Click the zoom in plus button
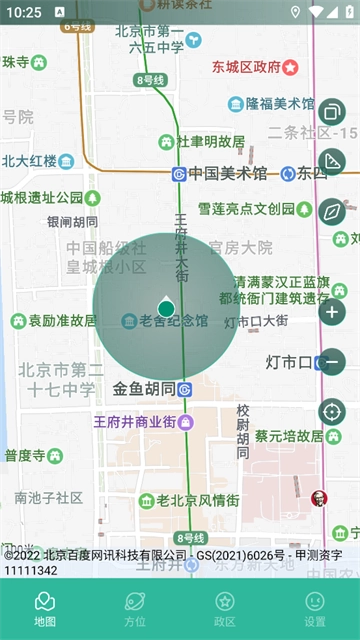[x=332, y=312]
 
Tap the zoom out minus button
[x=332, y=361]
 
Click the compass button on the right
[x=332, y=212]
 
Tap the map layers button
[x=332, y=112]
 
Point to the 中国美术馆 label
[x=227, y=173]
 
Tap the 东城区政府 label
[x=246, y=67]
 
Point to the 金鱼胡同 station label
[x=144, y=389]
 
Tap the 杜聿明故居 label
[x=210, y=142]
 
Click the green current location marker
[x=166, y=308]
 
